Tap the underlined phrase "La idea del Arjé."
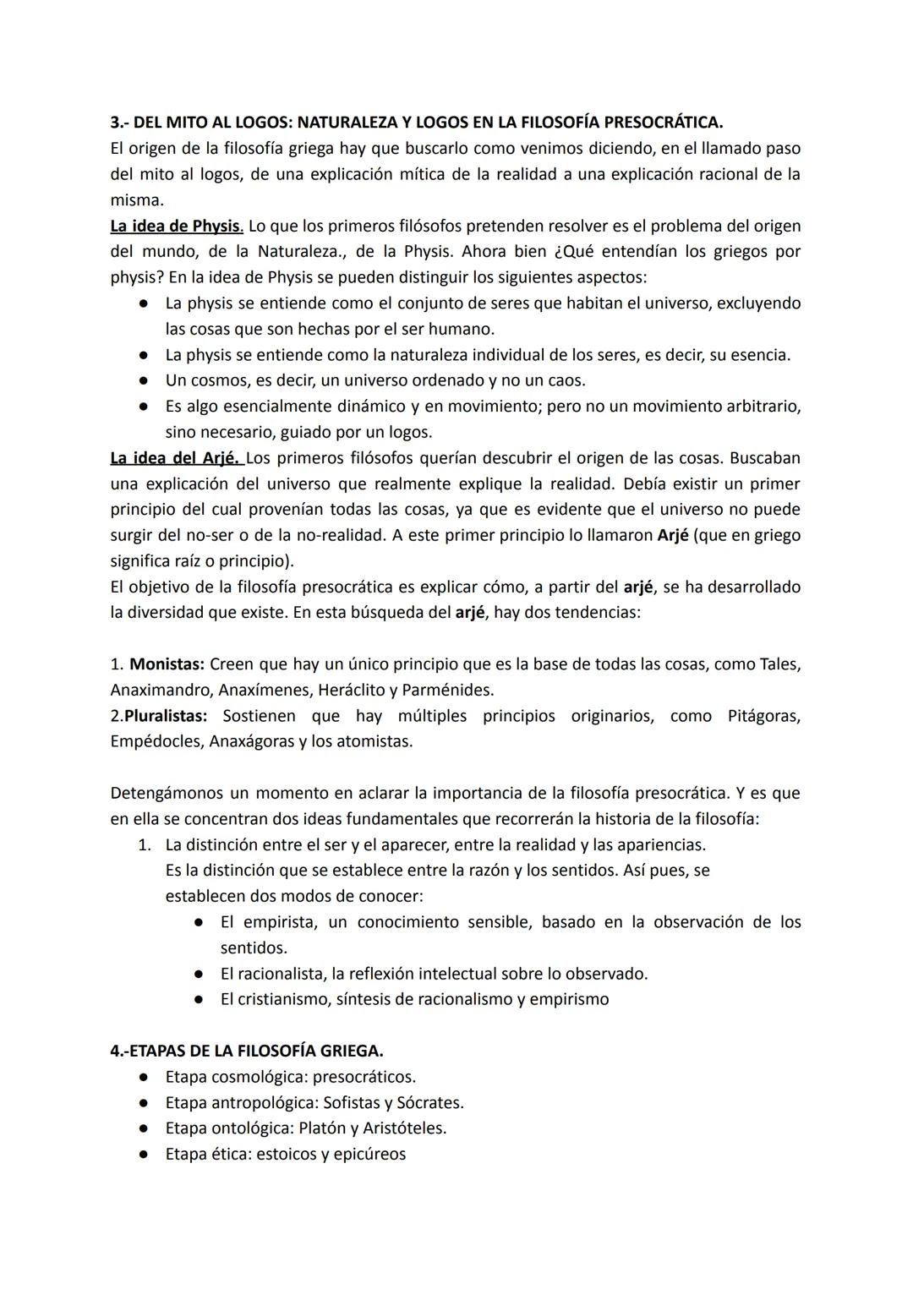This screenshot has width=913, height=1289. [x=177, y=458]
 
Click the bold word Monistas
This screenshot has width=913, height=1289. [x=167, y=664]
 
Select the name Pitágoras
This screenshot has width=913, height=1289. [x=763, y=716]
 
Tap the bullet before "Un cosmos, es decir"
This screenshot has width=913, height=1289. [x=145, y=381]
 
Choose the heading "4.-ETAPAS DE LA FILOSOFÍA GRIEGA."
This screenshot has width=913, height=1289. [x=247, y=1051]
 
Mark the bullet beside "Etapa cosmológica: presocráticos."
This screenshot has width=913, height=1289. [x=145, y=1078]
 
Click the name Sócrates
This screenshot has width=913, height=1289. [x=429, y=1102]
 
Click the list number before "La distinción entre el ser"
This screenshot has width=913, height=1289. [x=145, y=844]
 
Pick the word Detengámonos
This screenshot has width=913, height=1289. [x=167, y=793]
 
